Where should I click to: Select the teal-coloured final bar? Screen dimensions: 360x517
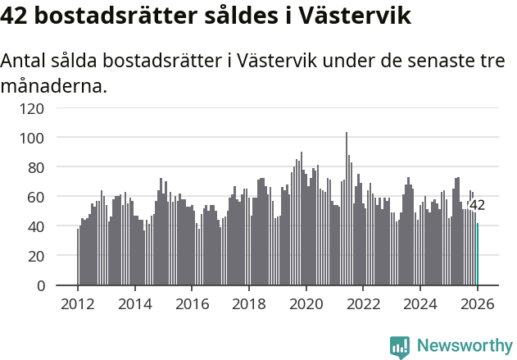pyautogui.click(x=478, y=254)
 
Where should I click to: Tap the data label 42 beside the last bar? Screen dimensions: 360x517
pyautogui.click(x=478, y=205)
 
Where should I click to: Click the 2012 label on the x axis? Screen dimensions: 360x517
pyautogui.click(x=78, y=303)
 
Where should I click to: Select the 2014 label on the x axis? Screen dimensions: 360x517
pyautogui.click(x=135, y=303)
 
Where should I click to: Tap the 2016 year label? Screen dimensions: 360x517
pyautogui.click(x=192, y=303)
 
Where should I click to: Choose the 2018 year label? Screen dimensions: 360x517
pyautogui.click(x=249, y=303)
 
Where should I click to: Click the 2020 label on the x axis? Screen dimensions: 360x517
pyautogui.click(x=306, y=303)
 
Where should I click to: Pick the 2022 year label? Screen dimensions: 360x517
pyautogui.click(x=364, y=303)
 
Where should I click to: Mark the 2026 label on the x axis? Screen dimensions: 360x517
pyautogui.click(x=478, y=303)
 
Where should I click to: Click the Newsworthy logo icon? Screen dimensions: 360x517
pyautogui.click(x=400, y=347)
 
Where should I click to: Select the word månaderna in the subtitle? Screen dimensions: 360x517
pyautogui.click(x=55, y=85)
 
